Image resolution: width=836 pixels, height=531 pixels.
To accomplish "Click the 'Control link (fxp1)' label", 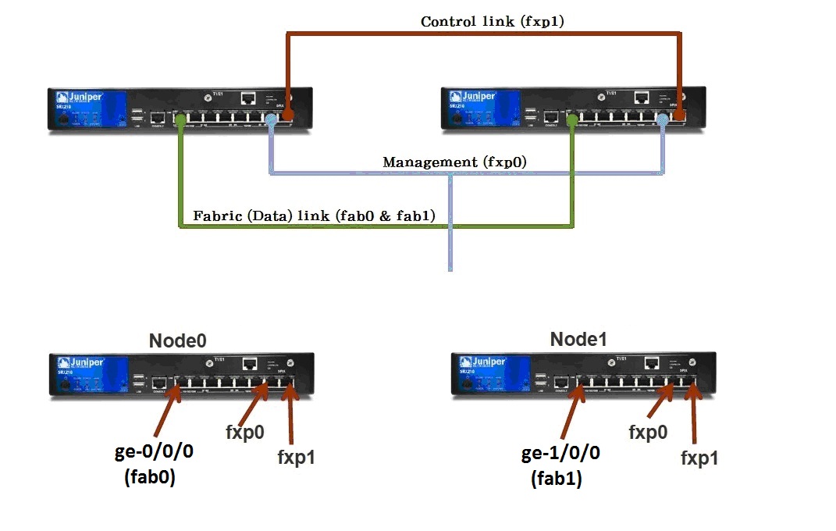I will coord(492,22).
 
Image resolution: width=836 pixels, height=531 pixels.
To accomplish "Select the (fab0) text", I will coord(150,479).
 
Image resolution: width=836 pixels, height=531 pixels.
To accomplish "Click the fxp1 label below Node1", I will coord(699,458).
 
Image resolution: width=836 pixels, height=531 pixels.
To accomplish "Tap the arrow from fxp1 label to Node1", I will coord(692,419).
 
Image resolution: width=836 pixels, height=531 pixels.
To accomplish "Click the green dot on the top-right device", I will coord(574,120).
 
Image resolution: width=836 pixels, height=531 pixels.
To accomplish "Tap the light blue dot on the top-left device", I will coord(271,120).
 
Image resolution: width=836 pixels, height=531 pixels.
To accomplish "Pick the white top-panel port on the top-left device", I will coord(249,98).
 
